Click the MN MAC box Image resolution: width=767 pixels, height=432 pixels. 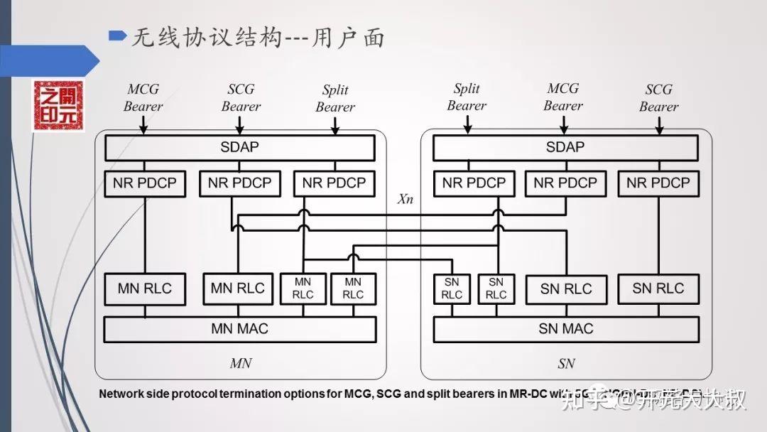tap(240, 329)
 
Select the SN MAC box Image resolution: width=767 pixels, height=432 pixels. tap(566, 329)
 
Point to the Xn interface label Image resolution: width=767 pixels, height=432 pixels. tap(405, 199)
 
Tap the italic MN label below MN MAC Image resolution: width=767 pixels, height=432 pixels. tap(240, 364)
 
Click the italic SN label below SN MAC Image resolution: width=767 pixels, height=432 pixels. tap(566, 364)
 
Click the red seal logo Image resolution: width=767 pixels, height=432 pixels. tap(59, 106)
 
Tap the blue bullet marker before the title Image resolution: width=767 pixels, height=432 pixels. tap(117, 35)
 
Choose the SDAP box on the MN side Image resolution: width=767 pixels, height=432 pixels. tap(240, 148)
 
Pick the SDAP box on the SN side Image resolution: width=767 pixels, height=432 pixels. tap(566, 148)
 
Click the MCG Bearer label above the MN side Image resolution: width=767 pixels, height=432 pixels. tap(143, 98)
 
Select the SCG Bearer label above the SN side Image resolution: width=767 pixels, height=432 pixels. tap(658, 98)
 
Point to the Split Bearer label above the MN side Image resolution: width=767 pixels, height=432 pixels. tap(335, 98)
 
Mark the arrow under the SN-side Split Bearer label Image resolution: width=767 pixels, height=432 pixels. tap(467, 125)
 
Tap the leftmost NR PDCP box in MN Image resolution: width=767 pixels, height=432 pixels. tap(145, 183)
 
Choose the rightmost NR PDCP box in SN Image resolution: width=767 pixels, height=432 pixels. tap(658, 183)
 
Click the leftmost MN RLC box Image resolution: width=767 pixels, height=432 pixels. tap(145, 289)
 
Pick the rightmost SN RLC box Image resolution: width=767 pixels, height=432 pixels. tap(658, 289)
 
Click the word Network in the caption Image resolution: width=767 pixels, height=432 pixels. tap(121, 393)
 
